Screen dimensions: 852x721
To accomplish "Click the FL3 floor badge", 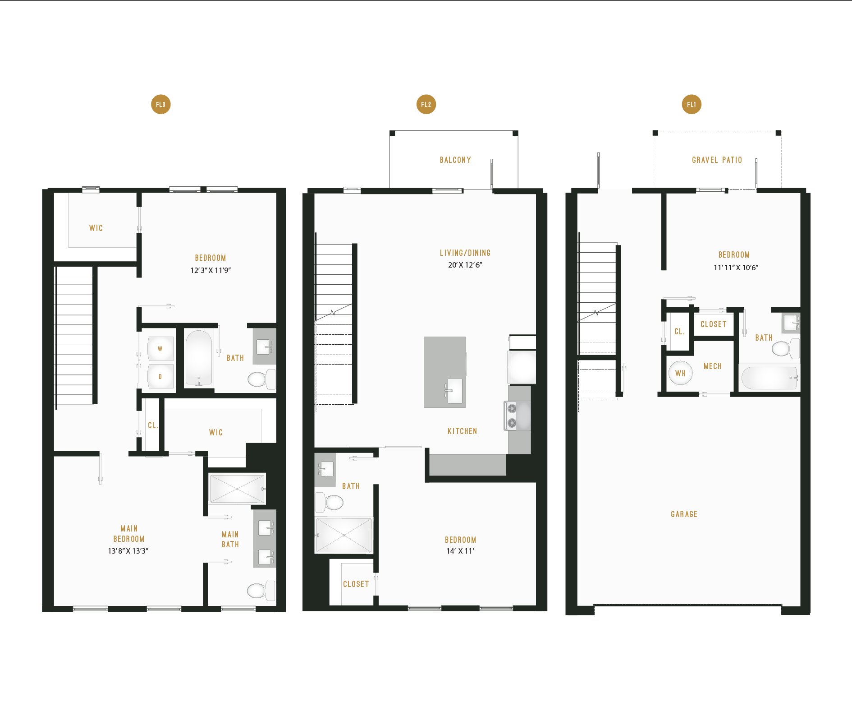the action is pos(160,104).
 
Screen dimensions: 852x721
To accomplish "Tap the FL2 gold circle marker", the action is pos(426,104).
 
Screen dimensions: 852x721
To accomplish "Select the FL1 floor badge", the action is pos(692,104).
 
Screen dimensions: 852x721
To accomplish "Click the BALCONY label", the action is pos(455,160).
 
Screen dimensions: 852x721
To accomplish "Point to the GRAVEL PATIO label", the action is pos(717,160).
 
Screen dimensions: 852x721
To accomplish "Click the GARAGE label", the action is pos(684,514).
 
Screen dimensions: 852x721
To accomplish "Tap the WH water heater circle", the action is pos(680,373).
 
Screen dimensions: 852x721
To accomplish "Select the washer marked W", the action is pos(160,349).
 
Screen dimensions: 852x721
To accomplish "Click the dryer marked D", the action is pos(160,376).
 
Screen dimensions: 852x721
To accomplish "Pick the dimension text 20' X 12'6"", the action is pos(465,265).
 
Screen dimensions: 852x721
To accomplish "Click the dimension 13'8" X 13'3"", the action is pos(128,551).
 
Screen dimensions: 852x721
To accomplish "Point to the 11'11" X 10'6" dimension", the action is pos(736,268).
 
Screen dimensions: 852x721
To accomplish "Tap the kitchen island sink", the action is pos(455,391).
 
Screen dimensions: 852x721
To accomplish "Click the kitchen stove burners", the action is pos(512,416).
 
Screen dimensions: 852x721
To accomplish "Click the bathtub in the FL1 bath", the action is pos(770,378).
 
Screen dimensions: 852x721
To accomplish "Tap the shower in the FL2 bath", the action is pos(344,535).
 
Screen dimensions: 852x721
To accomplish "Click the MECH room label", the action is pos(712,366).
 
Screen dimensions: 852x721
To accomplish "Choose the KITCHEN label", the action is pos(462,431).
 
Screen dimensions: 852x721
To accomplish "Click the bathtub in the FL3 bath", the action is pos(199,358).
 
